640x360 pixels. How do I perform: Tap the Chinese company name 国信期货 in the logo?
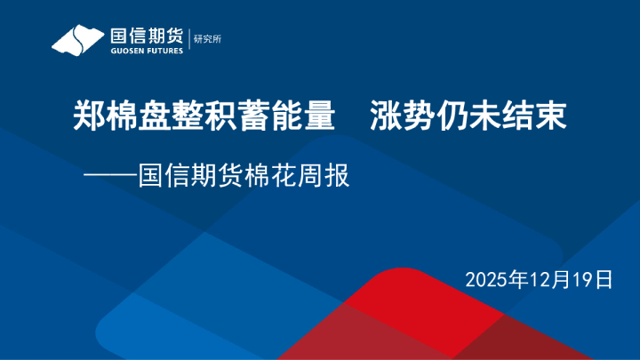pos(146,36)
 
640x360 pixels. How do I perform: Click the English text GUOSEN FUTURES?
pos(146,51)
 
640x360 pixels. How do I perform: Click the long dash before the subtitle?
pos(110,175)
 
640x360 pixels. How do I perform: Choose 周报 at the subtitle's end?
pos(324,175)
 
